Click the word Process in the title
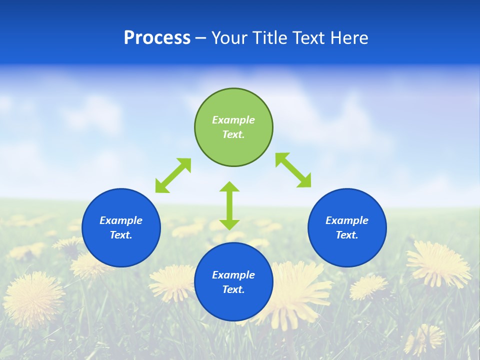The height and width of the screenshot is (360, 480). click(157, 38)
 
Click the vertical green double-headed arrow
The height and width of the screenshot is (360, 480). click(229, 205)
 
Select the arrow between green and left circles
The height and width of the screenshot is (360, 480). click(173, 175)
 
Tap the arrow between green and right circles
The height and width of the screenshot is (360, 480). click(293, 170)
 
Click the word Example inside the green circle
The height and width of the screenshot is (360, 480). click(233, 120)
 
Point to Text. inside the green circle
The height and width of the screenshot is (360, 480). click(233, 134)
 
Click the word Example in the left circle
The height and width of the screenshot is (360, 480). click(121, 220)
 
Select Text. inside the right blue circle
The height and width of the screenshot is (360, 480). click(347, 235)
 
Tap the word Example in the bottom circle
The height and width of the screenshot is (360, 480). click(233, 275)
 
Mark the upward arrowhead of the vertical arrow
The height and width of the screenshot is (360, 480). click(229, 187)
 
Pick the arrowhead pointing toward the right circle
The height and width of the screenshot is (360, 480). click(304, 181)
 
